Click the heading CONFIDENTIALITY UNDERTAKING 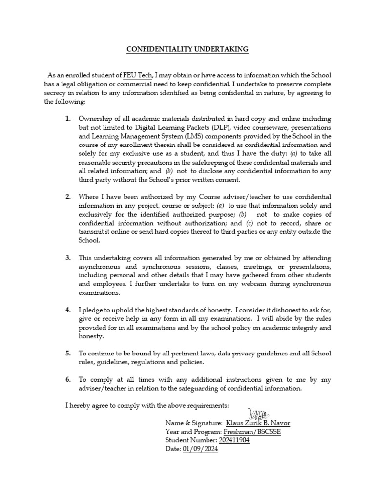coord(187,49)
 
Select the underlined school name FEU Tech coord(138,75)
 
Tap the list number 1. coord(68,119)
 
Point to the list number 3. coord(68,257)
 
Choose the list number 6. coord(68,379)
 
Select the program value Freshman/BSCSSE coord(252,432)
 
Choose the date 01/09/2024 coord(200,449)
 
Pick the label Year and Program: coord(193,432)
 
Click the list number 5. coord(68,353)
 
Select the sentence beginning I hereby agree coord(146,406)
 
